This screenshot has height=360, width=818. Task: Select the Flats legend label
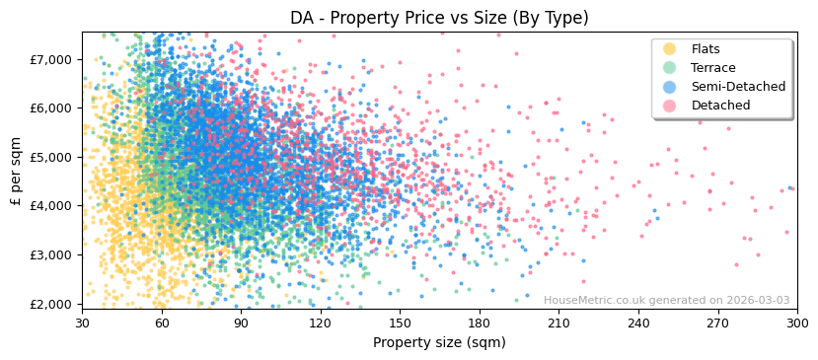pyautogui.click(x=706, y=49)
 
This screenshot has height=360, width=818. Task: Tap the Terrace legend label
pyautogui.click(x=713, y=68)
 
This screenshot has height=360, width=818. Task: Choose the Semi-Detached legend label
pyautogui.click(x=738, y=87)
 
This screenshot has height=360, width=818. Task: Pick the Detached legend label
pyautogui.click(x=720, y=106)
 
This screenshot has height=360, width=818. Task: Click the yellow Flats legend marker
pyautogui.click(x=670, y=49)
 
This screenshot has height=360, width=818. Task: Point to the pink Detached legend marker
pyautogui.click(x=670, y=106)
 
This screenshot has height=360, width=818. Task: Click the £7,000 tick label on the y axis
pyautogui.click(x=52, y=59)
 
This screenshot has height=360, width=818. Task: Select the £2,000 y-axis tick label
pyautogui.click(x=52, y=304)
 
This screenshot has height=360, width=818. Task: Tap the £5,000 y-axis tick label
pyautogui.click(x=52, y=157)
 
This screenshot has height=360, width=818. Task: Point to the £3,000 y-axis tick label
pyautogui.click(x=52, y=254)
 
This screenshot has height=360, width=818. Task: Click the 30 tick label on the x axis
pyautogui.click(x=82, y=324)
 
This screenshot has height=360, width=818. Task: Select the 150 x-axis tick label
pyautogui.click(x=400, y=324)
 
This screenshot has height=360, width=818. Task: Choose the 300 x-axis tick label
pyautogui.click(x=797, y=324)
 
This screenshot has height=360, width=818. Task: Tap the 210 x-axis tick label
pyautogui.click(x=558, y=324)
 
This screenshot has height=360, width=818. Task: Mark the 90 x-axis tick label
pyautogui.click(x=241, y=324)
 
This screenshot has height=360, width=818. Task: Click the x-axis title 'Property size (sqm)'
pyautogui.click(x=439, y=342)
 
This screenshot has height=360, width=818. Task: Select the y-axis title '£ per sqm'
pyautogui.click(x=16, y=170)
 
